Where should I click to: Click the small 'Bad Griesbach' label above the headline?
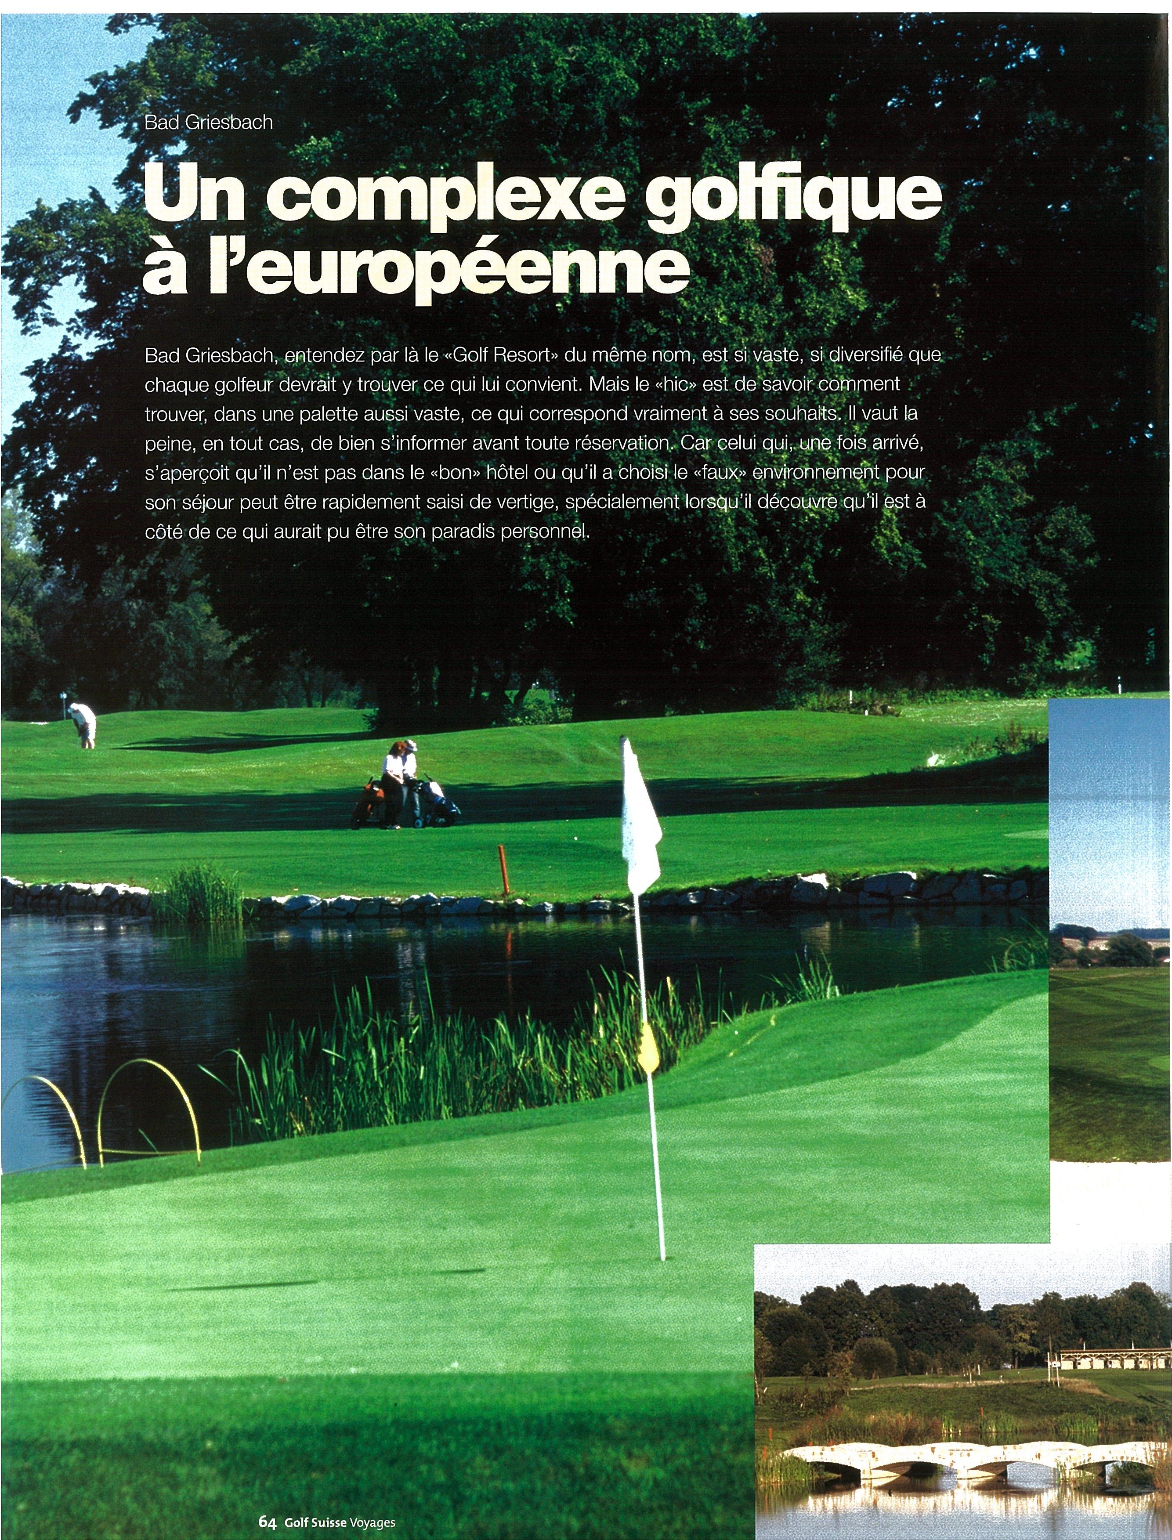(x=209, y=123)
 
